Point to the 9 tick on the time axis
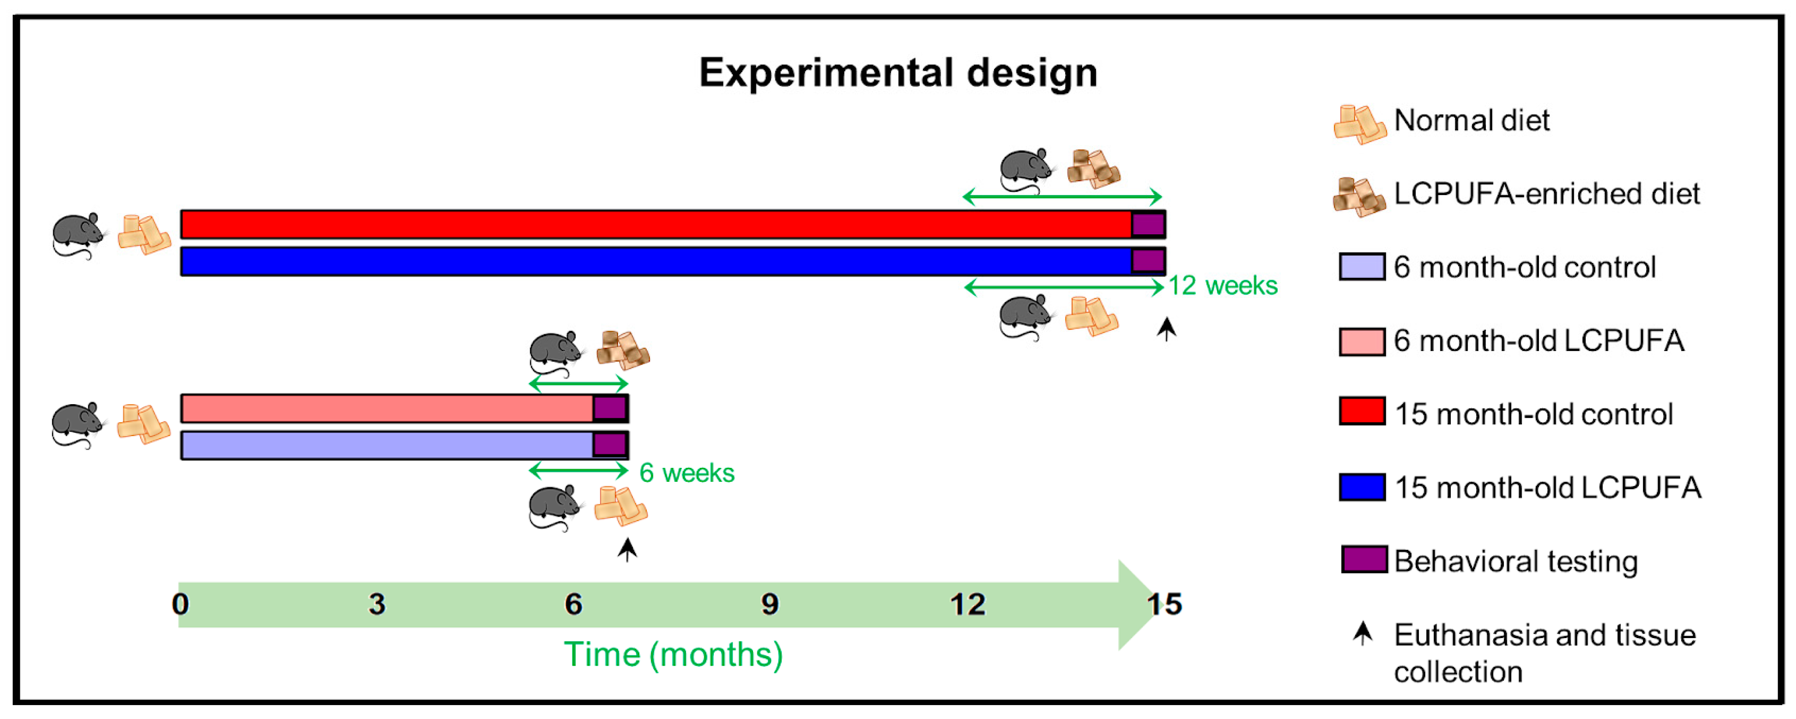770,604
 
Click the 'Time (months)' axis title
673,654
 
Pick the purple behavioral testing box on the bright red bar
1147,225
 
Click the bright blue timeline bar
655,262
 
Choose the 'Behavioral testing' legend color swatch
1364,561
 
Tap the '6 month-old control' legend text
1524,268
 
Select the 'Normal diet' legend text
1471,121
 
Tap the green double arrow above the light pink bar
578,384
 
